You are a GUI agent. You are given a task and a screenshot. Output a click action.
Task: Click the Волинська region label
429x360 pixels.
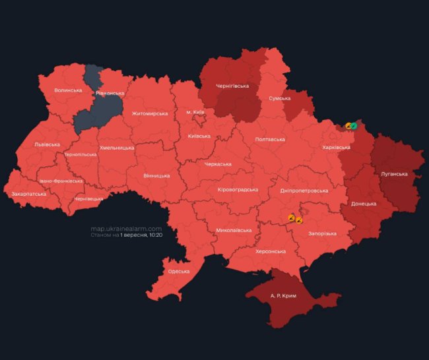tap(68, 90)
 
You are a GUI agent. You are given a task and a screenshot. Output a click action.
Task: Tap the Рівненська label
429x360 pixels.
tap(110, 94)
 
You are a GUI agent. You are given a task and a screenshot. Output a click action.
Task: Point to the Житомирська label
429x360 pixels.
tap(150, 113)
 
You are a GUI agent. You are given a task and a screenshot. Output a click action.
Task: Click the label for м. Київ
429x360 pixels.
tap(195, 112)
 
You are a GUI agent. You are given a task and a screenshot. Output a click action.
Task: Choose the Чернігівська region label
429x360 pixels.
tap(232, 86)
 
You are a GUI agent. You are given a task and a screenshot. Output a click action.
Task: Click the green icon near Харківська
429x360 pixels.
tap(354, 125)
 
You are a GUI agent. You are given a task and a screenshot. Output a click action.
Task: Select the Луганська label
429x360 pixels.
tap(394, 174)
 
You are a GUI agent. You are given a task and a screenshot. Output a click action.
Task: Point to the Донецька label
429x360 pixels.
tap(363, 204)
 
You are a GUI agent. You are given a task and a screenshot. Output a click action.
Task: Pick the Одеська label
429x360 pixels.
tap(178, 271)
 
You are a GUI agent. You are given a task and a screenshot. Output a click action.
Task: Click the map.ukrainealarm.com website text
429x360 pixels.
tap(126, 229)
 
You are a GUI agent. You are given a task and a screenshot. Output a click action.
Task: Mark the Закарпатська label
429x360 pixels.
tap(29, 194)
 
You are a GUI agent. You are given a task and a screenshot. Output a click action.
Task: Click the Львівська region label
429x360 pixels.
tap(47, 144)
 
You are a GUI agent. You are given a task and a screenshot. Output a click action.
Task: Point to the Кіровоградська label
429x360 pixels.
tap(238, 189)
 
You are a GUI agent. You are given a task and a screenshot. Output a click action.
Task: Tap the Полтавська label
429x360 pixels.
tap(270, 139)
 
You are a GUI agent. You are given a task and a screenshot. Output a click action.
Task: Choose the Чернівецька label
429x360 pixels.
tap(89, 198)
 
